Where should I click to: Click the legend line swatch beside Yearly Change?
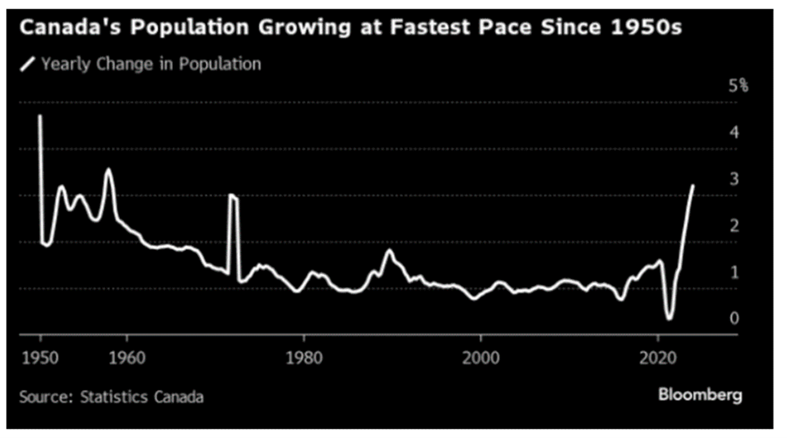click(29, 64)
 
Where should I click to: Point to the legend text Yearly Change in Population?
click(151, 64)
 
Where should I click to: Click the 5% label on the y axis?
click(738, 85)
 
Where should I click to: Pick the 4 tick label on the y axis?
click(734, 132)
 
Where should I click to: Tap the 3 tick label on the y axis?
click(734, 179)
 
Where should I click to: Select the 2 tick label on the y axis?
click(734, 225)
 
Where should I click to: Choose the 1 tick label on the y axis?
click(734, 272)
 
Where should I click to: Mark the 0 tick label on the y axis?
click(734, 318)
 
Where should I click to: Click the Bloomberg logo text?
click(700, 395)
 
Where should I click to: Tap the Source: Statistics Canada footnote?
click(111, 396)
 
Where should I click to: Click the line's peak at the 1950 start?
click(40, 116)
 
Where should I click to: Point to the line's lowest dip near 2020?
click(669, 318)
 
